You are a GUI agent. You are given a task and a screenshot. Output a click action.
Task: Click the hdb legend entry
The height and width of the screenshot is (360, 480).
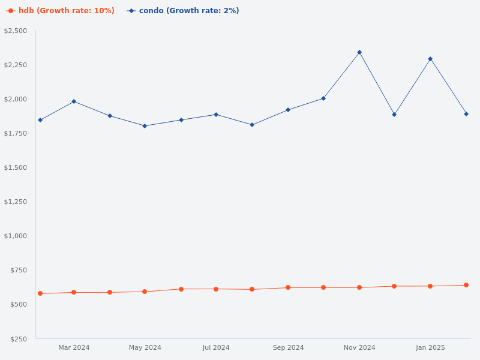pyautogui.click(x=61, y=11)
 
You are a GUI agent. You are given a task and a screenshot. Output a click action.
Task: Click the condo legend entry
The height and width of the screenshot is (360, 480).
pyautogui.click(x=183, y=11)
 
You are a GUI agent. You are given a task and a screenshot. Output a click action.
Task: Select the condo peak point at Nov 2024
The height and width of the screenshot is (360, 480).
pyautogui.click(x=359, y=52)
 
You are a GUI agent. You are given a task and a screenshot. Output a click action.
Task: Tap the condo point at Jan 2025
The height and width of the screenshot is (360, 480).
pyautogui.click(x=430, y=59)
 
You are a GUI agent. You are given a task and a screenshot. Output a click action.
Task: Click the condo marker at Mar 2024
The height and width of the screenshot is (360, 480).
pyautogui.click(x=74, y=101)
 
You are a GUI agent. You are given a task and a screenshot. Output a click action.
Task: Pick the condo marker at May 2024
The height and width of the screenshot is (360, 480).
pyautogui.click(x=145, y=126)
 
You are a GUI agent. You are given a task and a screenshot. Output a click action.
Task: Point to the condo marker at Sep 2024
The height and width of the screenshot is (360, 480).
pyautogui.click(x=288, y=110)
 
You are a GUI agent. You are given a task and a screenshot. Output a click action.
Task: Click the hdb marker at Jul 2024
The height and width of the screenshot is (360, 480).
pyautogui.click(x=216, y=289)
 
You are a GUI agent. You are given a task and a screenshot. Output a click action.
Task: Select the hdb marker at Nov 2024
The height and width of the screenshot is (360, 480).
pyautogui.click(x=359, y=287)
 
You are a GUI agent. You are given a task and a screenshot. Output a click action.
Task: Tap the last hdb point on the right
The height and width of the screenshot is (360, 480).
pyautogui.click(x=466, y=285)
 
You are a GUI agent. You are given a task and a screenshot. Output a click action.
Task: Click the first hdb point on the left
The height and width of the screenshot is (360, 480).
pyautogui.click(x=40, y=293)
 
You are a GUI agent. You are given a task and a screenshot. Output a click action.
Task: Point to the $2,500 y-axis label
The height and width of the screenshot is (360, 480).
pyautogui.click(x=16, y=31)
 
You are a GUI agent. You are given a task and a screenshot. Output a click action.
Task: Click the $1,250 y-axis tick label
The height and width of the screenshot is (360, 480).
pyautogui.click(x=16, y=202)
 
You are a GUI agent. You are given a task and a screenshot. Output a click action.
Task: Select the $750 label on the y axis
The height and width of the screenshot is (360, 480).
pyautogui.click(x=19, y=270)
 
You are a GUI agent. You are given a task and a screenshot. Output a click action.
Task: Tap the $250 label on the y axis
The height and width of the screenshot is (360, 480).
pyautogui.click(x=19, y=339)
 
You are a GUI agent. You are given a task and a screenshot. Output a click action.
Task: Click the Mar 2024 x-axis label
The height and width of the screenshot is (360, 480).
pyautogui.click(x=74, y=347)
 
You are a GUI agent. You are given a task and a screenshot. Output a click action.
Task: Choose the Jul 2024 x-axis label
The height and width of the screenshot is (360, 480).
pyautogui.click(x=216, y=347)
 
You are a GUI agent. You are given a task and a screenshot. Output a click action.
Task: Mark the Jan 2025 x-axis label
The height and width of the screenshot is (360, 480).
pyautogui.click(x=430, y=347)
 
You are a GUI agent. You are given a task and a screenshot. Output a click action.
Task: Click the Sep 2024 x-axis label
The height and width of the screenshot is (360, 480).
pyautogui.click(x=288, y=347)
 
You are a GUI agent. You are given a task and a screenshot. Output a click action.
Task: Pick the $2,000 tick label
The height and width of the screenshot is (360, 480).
pyautogui.click(x=16, y=99)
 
